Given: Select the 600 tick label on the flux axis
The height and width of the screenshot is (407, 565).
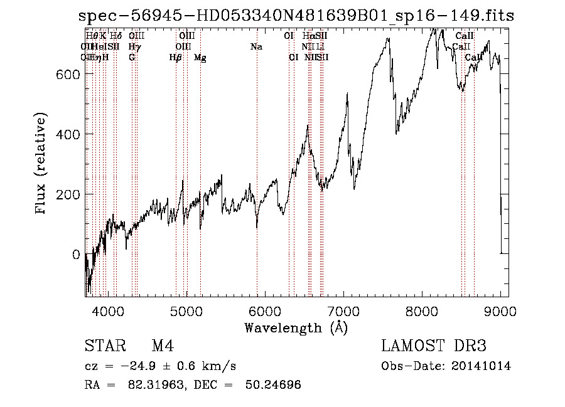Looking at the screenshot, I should click(67, 74).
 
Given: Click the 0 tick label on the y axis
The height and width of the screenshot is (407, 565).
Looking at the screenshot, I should click(75, 255).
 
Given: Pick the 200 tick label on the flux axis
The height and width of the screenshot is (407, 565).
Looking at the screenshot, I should click(67, 194).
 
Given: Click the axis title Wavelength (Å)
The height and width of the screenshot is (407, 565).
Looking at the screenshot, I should click(296, 327).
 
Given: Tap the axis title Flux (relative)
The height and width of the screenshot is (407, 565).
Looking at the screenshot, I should click(42, 164).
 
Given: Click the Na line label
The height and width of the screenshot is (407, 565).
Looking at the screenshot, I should click(256, 47).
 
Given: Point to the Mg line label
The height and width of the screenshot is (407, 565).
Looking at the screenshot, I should click(200, 58).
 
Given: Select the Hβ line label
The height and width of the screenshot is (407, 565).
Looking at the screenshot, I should click(176, 58).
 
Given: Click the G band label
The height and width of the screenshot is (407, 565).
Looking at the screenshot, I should click(132, 58).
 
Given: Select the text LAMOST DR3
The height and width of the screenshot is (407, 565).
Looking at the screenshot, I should click(434, 346).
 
